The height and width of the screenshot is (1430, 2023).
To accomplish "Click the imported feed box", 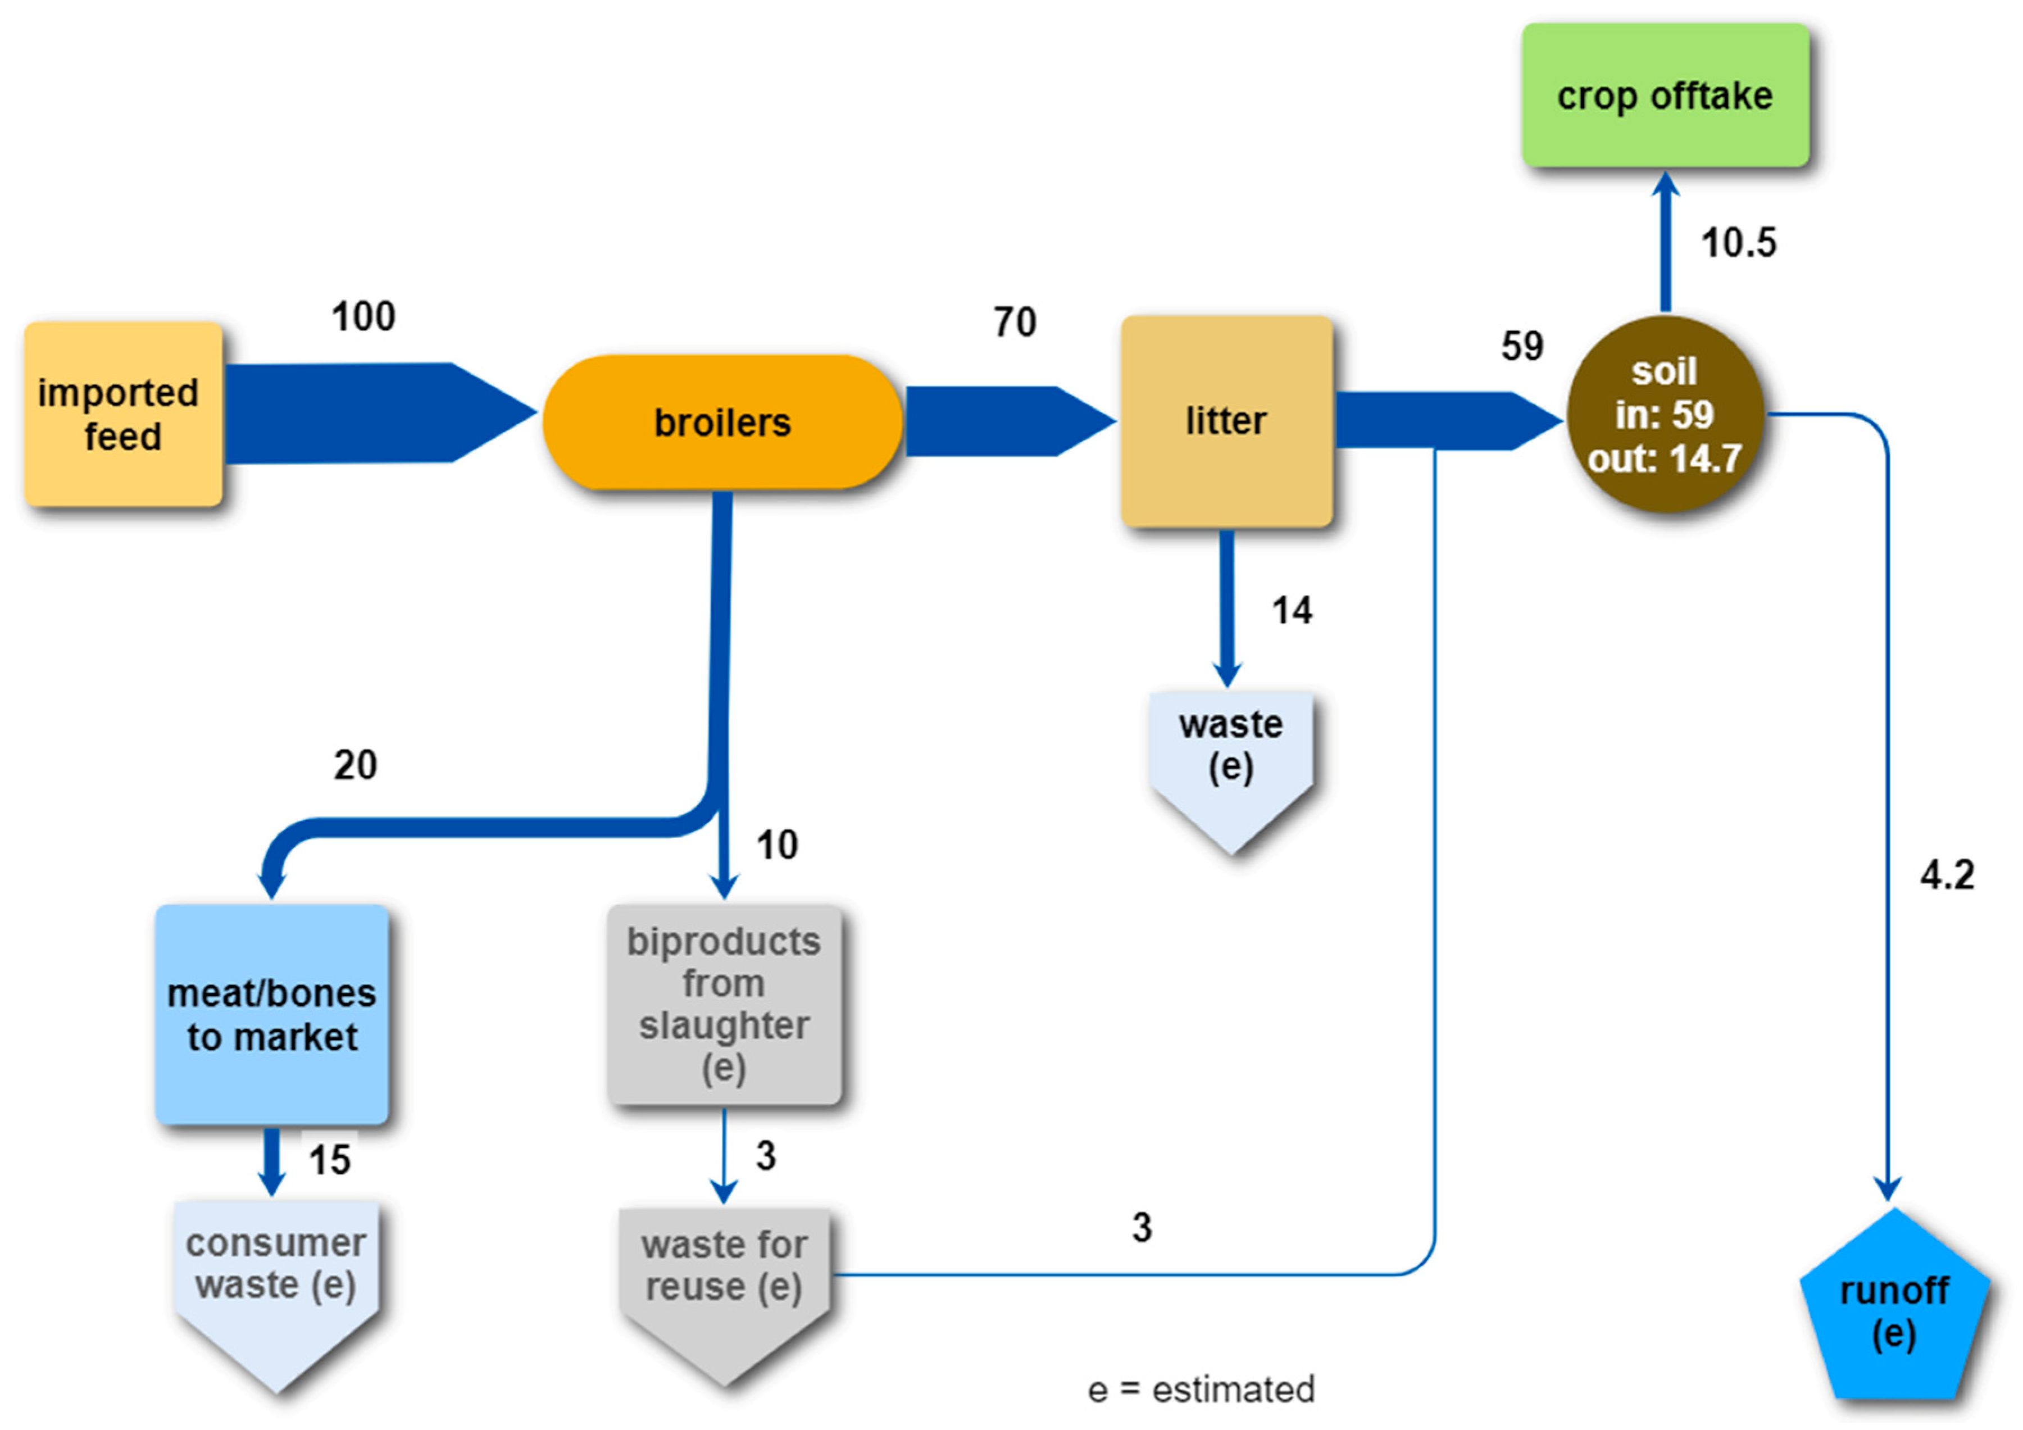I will (122, 414).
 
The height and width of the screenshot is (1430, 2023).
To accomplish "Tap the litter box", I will (1226, 421).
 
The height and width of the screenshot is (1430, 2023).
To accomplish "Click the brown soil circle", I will (1665, 414).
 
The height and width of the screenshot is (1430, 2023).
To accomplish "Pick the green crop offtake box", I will (1665, 95).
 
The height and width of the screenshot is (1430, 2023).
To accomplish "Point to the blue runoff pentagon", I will (1893, 1309).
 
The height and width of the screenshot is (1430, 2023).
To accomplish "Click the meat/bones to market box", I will (271, 1014).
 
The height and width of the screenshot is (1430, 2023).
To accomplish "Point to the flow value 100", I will (363, 316).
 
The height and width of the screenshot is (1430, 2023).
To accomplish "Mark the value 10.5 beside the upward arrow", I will (1738, 242).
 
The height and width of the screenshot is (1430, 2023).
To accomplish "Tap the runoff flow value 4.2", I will (1947, 875).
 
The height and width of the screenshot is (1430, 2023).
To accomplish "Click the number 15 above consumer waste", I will (330, 1160).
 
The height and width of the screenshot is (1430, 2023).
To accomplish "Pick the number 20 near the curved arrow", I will (355, 765).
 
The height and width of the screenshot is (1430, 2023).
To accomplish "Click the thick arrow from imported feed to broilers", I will (370, 412).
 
